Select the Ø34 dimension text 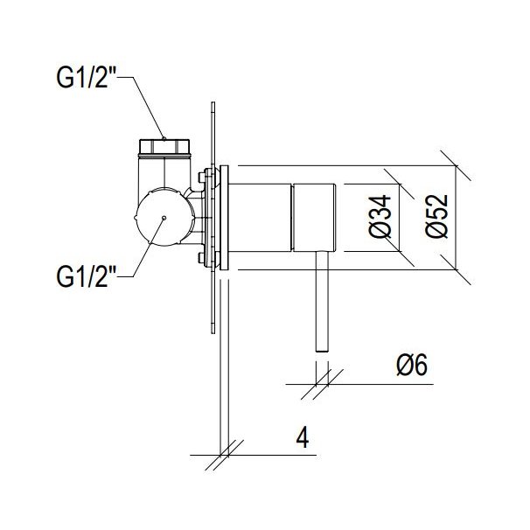click(x=380, y=217)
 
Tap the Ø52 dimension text click(x=436, y=216)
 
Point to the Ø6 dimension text click(x=412, y=365)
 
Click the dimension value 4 click(x=303, y=437)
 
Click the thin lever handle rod click(x=322, y=302)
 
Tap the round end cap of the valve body click(x=164, y=217)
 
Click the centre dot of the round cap click(x=164, y=218)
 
